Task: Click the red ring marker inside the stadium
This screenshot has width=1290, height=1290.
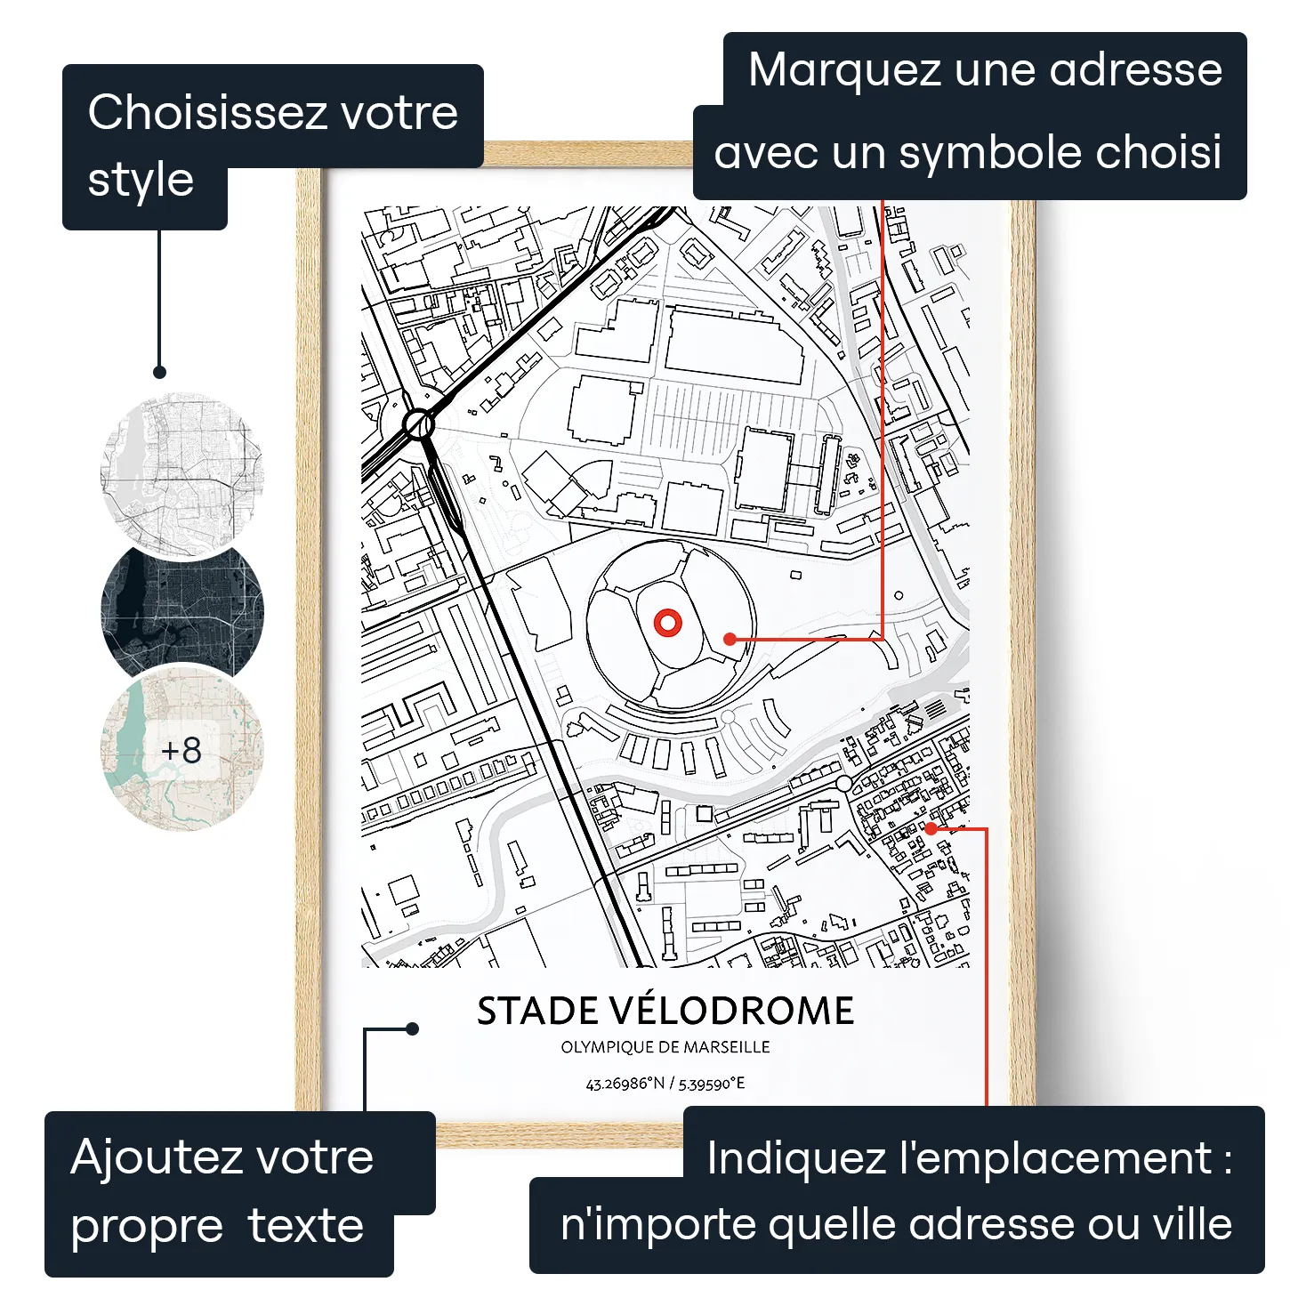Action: (666, 624)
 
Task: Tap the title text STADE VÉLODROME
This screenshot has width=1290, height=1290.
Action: (665, 1011)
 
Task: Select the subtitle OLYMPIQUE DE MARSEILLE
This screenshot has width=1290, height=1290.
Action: (665, 1048)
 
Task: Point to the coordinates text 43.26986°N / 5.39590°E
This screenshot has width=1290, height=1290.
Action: (665, 1083)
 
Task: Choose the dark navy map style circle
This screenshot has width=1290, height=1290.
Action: (182, 611)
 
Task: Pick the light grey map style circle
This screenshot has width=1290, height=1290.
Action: (182, 474)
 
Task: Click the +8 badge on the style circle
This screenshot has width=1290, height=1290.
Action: (181, 751)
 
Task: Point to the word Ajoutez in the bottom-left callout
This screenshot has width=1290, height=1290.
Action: (155, 1157)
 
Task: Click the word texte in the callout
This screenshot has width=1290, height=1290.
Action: (306, 1226)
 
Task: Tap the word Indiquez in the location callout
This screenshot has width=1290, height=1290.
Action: (797, 1158)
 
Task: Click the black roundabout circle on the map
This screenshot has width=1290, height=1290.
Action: (419, 424)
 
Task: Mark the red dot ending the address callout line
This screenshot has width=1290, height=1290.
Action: (730, 640)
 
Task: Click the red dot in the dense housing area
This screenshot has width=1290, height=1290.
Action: (931, 829)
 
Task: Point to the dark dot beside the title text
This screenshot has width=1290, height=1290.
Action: (413, 1029)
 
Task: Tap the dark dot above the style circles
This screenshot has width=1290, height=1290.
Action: (159, 372)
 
